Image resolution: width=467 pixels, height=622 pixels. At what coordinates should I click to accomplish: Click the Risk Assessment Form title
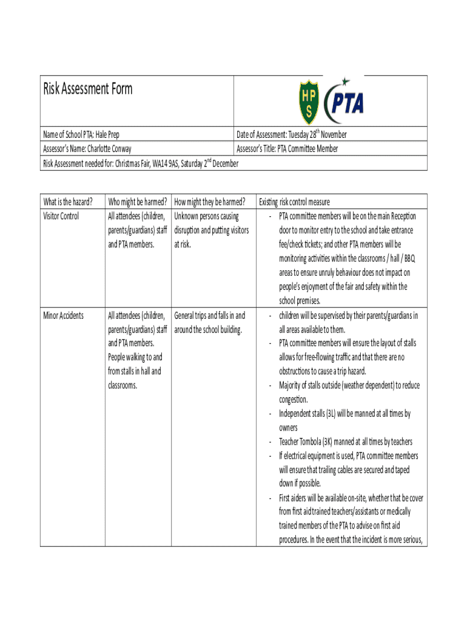point(87,89)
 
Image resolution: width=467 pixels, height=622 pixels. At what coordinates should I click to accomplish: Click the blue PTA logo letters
point(348,103)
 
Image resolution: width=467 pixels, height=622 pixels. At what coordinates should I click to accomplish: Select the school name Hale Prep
point(115,135)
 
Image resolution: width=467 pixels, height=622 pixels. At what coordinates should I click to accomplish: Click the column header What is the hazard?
point(68,202)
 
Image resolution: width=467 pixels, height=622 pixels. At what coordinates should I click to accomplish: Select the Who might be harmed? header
point(138,202)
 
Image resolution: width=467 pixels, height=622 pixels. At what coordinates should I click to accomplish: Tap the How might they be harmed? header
point(209,202)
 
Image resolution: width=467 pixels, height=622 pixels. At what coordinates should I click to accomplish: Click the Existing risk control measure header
point(294,202)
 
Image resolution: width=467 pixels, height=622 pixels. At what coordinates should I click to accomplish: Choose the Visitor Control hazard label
point(61,216)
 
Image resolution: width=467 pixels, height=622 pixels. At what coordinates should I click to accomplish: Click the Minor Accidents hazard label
point(64,316)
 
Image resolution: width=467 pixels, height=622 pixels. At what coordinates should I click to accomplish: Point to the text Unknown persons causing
point(206,216)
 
